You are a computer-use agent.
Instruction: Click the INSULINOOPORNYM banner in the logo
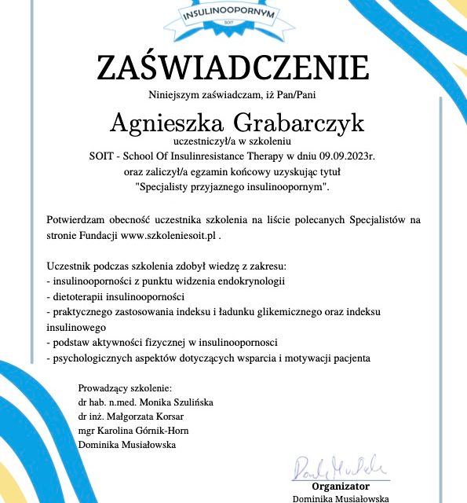point(233,14)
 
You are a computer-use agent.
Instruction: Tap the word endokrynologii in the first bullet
point(249,281)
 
